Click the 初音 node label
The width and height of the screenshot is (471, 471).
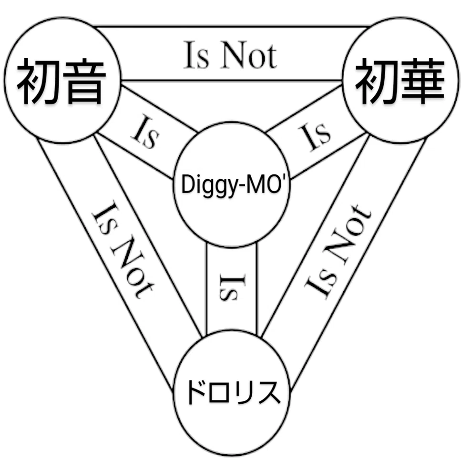(61, 81)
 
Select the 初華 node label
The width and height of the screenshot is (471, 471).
(400, 81)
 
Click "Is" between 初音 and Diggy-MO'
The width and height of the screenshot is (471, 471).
(145, 132)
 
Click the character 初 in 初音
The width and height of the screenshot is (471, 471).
(39, 81)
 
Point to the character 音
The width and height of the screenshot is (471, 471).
(84, 81)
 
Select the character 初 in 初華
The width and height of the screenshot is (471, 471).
(377, 81)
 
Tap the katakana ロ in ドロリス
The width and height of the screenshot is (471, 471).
(221, 393)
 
